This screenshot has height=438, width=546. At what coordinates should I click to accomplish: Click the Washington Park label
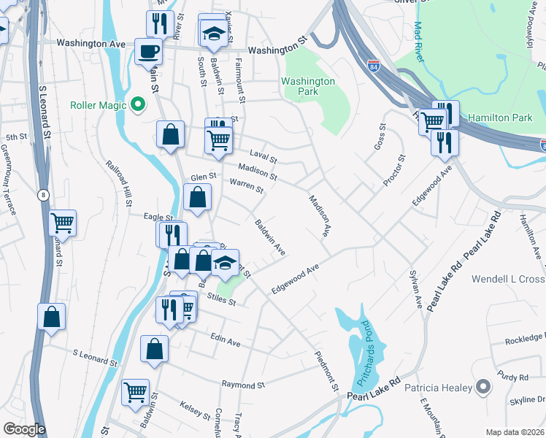308,87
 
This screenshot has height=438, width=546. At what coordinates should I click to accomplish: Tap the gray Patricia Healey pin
482,387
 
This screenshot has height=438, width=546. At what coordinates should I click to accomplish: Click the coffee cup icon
148,51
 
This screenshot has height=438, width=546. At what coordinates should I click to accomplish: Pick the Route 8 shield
43,194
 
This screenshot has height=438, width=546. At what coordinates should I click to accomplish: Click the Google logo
25,429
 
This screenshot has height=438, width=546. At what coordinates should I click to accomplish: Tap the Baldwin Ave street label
269,237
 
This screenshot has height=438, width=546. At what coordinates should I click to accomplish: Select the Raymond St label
243,385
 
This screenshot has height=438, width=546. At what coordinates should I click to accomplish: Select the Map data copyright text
514,432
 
